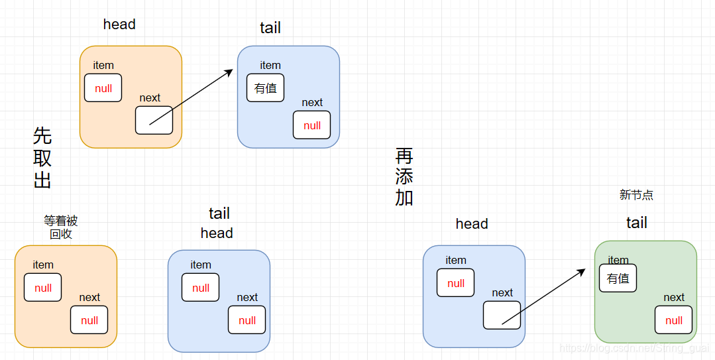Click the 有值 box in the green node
tap(618, 278)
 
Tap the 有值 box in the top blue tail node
tap(266, 88)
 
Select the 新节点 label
tap(636, 195)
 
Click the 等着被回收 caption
tap(61, 227)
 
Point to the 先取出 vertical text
tap(42, 158)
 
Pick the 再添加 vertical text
tap(404, 177)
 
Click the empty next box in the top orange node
tap(154, 120)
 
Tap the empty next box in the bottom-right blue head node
tap(502, 315)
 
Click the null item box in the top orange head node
tap(103, 88)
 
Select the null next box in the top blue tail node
tap(312, 125)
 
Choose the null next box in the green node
tap(674, 320)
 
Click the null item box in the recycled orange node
tap(43, 288)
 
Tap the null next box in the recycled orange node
tap(89, 320)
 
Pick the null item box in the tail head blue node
tap(201, 288)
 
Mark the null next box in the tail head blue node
tap(247, 320)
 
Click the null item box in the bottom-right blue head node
tap(456, 283)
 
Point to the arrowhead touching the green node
tap(582, 270)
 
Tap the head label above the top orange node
tap(119, 25)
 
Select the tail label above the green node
tap(637, 223)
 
